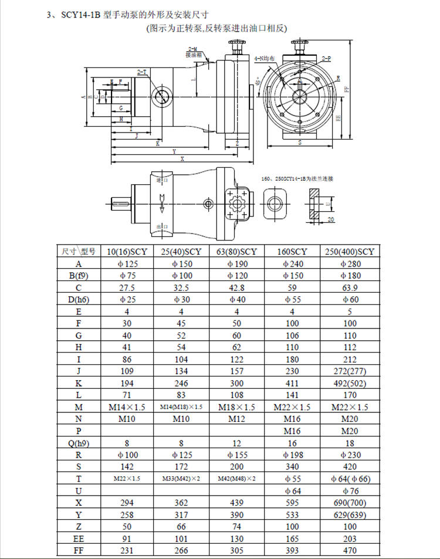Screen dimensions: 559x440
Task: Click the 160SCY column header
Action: pos(292,252)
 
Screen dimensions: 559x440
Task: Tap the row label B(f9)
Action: pos(78,276)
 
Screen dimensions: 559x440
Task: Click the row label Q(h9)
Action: pos(78,443)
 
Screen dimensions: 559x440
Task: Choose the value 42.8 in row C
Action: pos(237,287)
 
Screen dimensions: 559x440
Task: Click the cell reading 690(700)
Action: pos(348,503)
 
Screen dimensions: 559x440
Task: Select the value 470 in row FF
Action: pos(348,550)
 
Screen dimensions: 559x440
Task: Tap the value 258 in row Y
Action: pos(127,514)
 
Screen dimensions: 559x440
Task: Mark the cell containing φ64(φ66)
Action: pos(348,479)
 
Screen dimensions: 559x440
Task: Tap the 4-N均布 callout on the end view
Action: pos(265,59)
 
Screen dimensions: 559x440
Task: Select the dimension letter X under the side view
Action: pos(183,159)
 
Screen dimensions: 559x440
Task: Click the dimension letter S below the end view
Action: pos(300,143)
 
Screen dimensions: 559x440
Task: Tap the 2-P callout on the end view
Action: pos(326,59)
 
